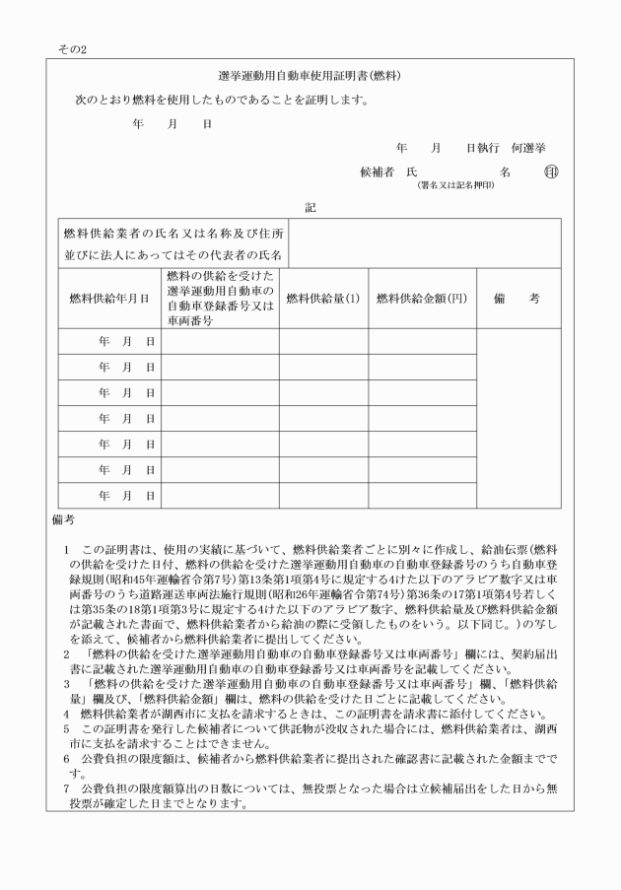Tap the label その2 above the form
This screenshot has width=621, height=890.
point(72,46)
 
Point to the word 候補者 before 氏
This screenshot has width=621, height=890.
point(378,171)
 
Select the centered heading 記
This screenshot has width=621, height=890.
point(310,208)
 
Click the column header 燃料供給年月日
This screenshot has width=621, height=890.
point(108,298)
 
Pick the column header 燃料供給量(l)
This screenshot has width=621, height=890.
point(322,298)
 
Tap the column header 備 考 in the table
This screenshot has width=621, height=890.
point(517,298)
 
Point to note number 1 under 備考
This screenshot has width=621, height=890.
point(65,547)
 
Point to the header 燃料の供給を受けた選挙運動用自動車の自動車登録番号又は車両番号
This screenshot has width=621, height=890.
point(220,298)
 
